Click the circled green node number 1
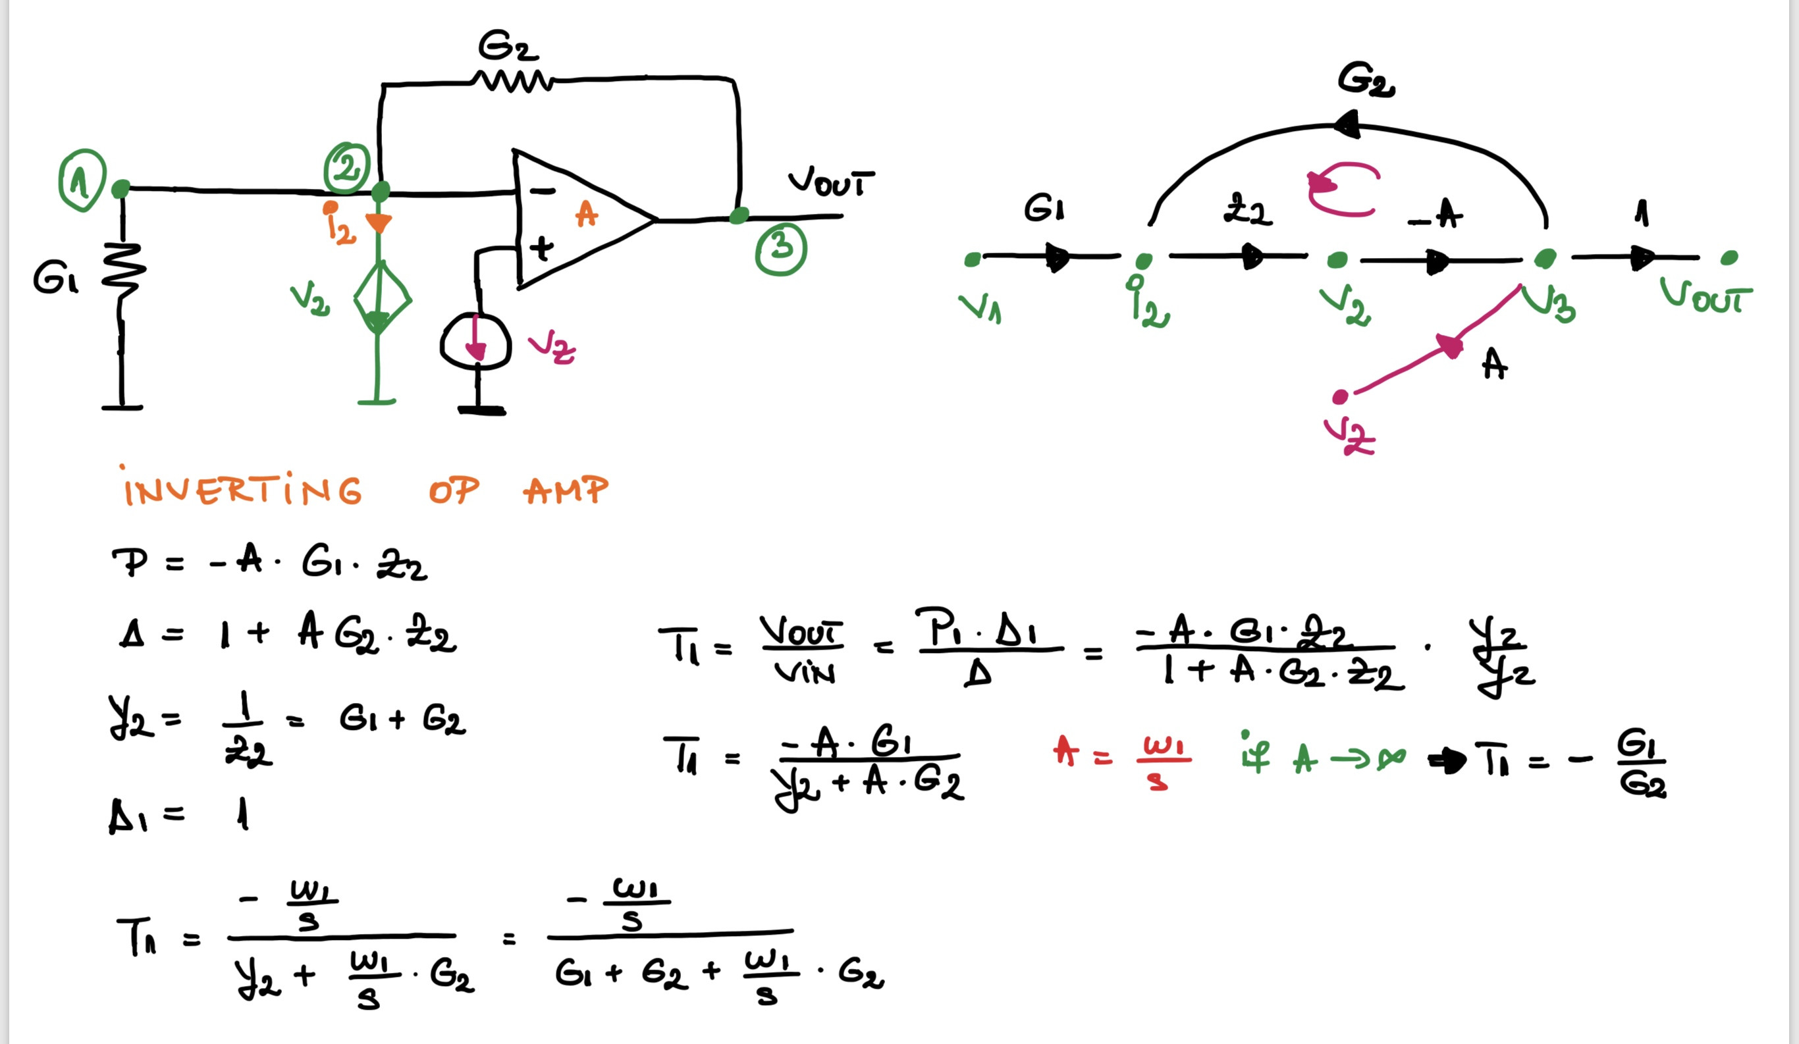(x=82, y=180)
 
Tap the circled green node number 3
(x=781, y=248)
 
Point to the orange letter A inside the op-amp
(x=586, y=213)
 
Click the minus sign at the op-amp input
(x=543, y=190)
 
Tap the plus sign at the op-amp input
(x=541, y=248)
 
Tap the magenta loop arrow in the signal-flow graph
(x=1341, y=188)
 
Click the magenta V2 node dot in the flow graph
(x=1340, y=397)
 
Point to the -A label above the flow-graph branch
(x=1435, y=213)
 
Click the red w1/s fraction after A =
(x=1163, y=762)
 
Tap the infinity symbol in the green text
(x=1391, y=758)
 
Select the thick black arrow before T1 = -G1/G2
(x=1445, y=762)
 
